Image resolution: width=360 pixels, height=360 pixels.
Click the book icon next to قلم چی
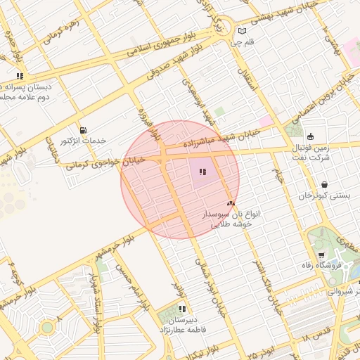(x=243, y=31)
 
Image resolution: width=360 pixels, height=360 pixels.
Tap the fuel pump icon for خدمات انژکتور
(x=84, y=130)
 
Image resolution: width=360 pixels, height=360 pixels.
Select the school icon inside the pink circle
(x=202, y=172)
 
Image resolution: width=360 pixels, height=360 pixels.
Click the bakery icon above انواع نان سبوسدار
(x=231, y=202)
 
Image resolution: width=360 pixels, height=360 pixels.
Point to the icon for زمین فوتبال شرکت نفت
(x=311, y=136)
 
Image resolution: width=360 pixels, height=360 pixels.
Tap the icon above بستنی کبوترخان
(x=323, y=185)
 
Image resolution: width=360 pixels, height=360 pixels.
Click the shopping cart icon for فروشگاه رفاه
(x=321, y=255)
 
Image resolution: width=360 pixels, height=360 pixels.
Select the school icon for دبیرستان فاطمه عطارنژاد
(x=182, y=309)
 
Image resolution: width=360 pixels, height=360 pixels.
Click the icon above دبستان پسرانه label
(x=20, y=75)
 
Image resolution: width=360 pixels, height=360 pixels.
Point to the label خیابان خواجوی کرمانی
(x=105, y=163)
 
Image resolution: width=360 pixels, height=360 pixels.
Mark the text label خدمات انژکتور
(x=82, y=141)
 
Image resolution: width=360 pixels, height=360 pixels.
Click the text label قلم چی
(x=241, y=42)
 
